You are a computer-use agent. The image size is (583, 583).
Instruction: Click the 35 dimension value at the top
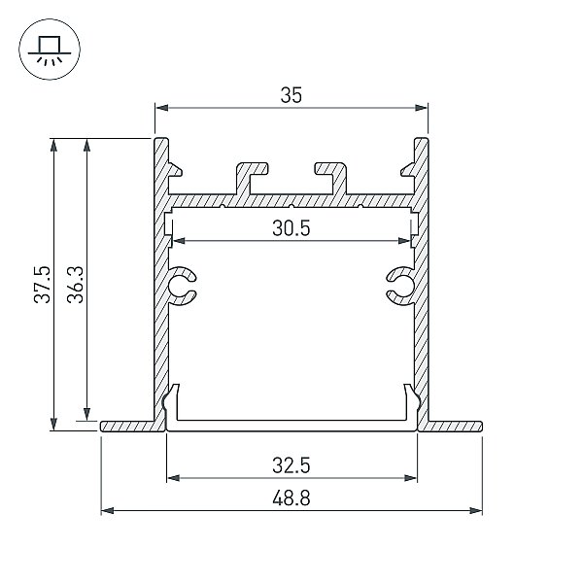coord(291,95)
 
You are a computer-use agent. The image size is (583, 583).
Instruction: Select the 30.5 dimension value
coord(291,228)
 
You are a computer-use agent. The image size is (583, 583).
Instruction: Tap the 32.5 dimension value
coord(291,465)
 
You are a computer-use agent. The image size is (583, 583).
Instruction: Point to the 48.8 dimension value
coord(291,498)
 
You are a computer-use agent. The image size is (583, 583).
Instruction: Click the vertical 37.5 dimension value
coord(42,285)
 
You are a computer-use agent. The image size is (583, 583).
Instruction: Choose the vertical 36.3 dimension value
coord(76,285)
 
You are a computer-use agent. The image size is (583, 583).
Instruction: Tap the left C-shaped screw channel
coord(183,286)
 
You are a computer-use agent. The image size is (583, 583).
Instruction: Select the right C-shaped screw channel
coord(400,286)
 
